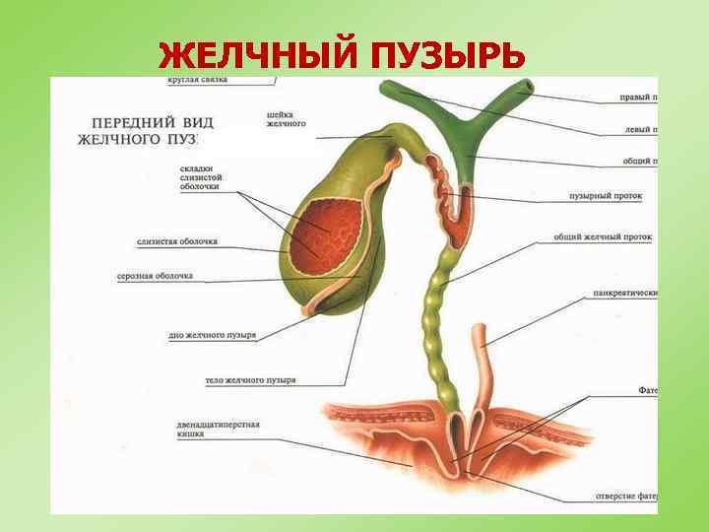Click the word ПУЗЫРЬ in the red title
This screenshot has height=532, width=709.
(448, 57)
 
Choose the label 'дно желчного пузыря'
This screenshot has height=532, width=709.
(213, 335)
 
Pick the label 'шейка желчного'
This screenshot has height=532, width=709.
(287, 118)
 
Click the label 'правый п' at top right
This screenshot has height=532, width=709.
(638, 98)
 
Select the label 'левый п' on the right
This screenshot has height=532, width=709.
(640, 129)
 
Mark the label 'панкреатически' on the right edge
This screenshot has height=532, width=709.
(624, 293)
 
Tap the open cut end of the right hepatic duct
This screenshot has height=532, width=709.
(529, 89)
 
